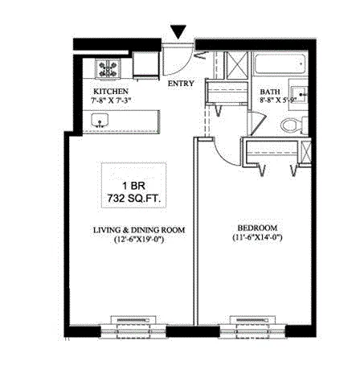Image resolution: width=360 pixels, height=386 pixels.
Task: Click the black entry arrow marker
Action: coord(179,32)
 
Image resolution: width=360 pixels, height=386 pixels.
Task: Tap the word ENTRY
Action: coord(180,82)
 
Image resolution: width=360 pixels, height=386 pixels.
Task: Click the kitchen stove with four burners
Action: coord(106,68)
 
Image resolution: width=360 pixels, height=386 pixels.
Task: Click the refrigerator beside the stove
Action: coord(145,68)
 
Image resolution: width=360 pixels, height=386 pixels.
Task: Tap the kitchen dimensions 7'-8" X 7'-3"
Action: coord(111,101)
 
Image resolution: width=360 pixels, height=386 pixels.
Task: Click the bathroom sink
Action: coord(302,96)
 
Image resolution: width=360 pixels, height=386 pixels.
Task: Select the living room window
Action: coord(133,326)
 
